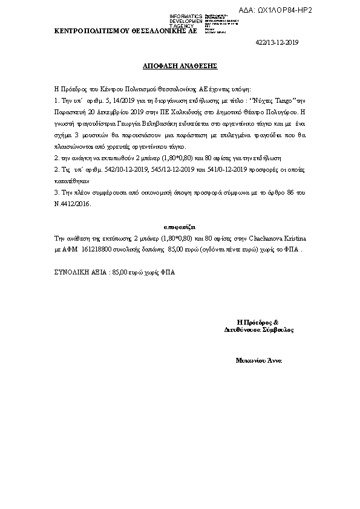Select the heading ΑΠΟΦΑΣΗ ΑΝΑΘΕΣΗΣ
click(x=180, y=63)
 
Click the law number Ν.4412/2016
click(x=73, y=205)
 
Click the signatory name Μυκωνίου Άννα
click(x=259, y=360)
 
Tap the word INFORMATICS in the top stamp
click(x=186, y=16)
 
